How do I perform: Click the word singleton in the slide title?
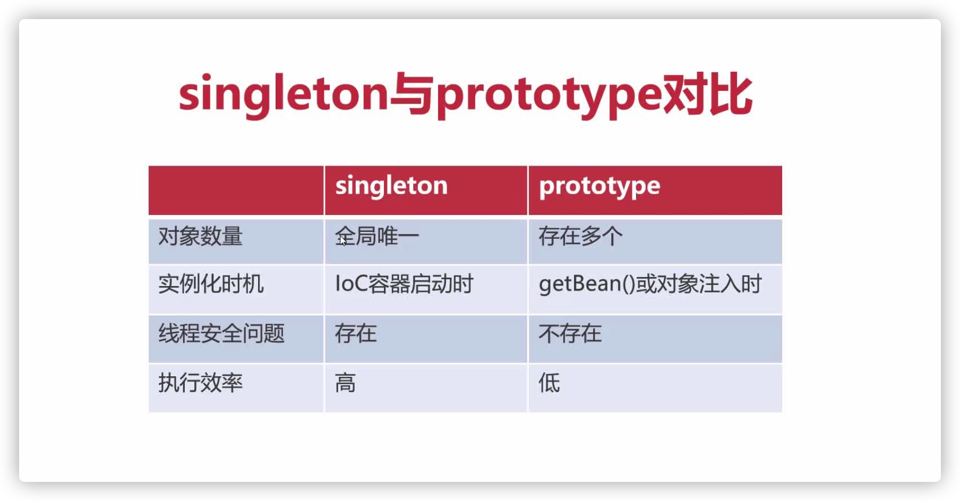(284, 96)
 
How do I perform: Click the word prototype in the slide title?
(549, 97)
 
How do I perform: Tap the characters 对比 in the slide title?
(708, 94)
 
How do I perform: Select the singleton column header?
(391, 186)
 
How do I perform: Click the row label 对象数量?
(200, 236)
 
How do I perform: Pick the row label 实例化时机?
(211, 284)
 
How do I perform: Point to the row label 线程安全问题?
(221, 333)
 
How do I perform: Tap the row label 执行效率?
(200, 383)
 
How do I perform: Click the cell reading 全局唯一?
(377, 236)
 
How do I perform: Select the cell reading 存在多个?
(581, 236)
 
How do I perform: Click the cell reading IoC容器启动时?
(404, 284)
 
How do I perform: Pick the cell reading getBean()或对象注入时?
(650, 284)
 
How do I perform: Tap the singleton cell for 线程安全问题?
(356, 333)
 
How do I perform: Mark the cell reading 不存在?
(570, 333)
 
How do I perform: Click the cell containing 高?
(345, 383)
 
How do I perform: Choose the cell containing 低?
(550, 383)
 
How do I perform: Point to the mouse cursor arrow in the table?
(342, 240)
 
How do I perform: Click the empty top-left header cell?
(236, 191)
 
